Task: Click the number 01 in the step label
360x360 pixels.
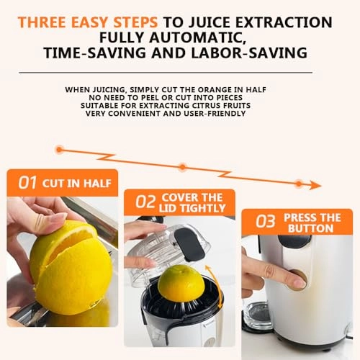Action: (27, 183)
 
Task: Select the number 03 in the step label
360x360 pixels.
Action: (266, 222)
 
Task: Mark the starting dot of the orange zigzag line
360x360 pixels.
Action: (59, 150)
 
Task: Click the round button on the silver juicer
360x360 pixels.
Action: (296, 279)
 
